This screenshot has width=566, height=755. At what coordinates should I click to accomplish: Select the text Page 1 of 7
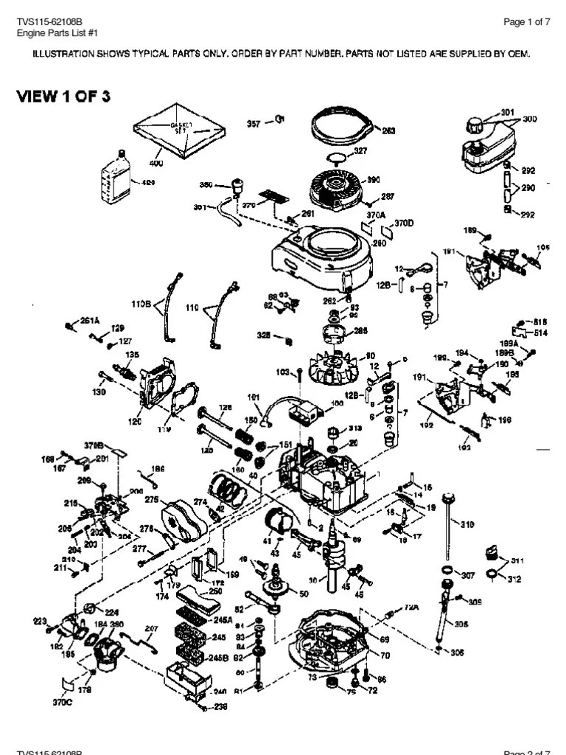526,22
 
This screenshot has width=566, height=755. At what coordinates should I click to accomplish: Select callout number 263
388,131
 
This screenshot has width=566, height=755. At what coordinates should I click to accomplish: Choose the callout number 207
152,629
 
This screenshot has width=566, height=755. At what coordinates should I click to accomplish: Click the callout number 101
254,399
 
